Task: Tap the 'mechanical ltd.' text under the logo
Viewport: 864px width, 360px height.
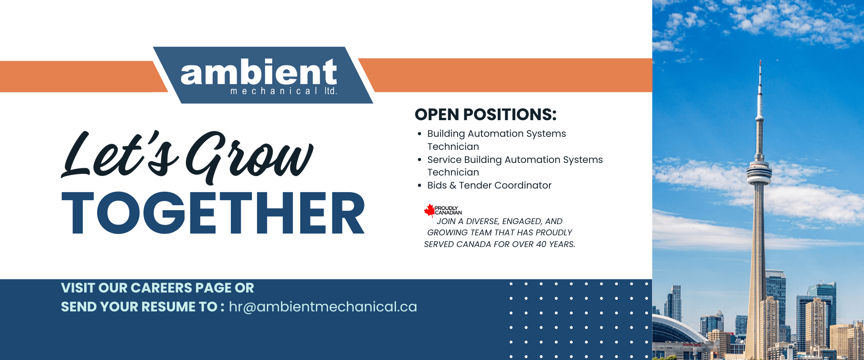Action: [x=284, y=91]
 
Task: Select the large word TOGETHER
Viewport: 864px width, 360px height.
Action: [x=213, y=213]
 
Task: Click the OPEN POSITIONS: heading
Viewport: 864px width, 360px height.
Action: [x=486, y=114]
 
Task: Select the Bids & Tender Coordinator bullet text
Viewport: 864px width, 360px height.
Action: [x=489, y=185]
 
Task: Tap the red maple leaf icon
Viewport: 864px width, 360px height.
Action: [x=429, y=210]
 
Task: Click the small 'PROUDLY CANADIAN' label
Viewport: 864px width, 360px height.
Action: [x=448, y=211]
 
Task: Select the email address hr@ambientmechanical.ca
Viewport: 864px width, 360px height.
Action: [x=323, y=307]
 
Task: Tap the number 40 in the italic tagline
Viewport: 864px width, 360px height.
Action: [x=541, y=244]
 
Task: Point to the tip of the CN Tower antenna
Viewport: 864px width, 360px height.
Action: [x=760, y=60]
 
